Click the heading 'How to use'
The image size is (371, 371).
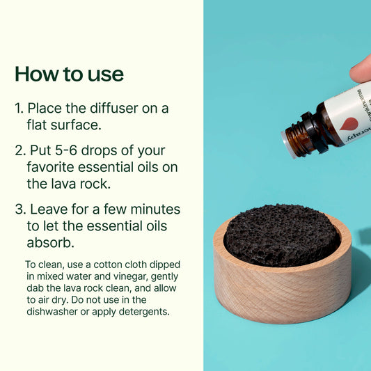coord(69,74)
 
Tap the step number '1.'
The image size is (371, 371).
coord(19,109)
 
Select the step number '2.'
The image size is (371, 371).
coord(19,150)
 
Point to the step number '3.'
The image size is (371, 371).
coord(20,209)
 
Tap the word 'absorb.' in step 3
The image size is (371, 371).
coord(50,244)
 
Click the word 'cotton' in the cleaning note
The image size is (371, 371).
coord(105,265)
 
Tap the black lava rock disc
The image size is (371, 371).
coord(281,234)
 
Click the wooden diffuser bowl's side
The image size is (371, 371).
coord(281,292)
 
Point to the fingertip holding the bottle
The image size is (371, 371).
coord(361,68)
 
